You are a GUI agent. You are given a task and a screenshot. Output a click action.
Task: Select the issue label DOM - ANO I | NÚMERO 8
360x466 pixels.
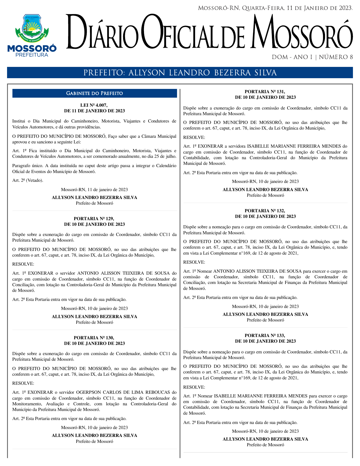pos(312,57)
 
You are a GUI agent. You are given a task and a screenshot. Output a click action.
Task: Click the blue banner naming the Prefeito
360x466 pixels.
pos(180,73)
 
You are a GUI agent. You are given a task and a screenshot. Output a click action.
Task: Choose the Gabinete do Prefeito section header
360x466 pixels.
pos(94,93)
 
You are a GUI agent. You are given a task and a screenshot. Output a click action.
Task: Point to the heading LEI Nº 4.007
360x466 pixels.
pos(94,105)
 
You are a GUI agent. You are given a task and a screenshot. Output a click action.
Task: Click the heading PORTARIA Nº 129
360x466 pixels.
pos(94,219)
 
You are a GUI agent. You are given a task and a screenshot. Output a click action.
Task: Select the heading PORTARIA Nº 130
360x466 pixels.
pos(94,338)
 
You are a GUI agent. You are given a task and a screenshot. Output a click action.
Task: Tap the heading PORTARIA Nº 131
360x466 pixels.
pos(265,92)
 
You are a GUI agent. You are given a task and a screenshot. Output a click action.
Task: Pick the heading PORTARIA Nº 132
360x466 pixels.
pos(265,211)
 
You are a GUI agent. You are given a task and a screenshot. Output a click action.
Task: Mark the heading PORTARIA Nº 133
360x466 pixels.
pos(265,336)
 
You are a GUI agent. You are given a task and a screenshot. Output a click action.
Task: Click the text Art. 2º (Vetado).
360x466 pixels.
pos(28,180)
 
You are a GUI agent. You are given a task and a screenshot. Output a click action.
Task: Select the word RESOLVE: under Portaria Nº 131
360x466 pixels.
pos(194,137)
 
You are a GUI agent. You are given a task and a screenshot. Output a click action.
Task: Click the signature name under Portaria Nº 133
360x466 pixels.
pos(265,439)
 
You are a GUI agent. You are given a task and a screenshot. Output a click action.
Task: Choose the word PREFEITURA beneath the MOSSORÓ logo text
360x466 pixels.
pos(32,55)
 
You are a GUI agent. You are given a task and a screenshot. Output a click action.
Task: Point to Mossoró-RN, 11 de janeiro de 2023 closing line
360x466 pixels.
pos(94,190)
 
